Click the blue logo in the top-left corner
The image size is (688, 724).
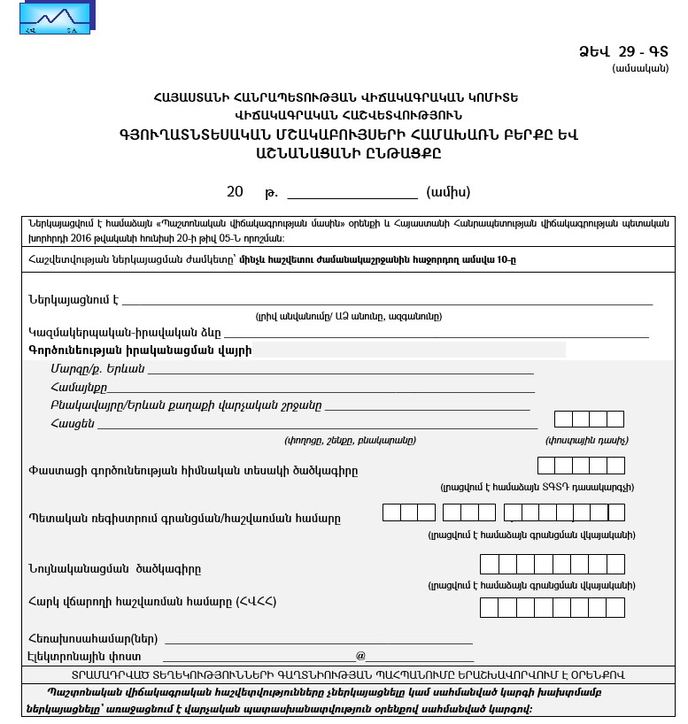click(58, 18)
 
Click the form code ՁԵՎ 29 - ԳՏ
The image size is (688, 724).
click(623, 52)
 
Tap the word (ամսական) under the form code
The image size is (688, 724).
click(639, 69)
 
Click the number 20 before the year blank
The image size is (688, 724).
click(235, 192)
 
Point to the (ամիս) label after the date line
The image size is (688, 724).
click(448, 192)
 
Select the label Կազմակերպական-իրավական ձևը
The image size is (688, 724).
click(125, 333)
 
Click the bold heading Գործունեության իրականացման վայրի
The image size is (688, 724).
click(140, 350)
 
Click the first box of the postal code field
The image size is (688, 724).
click(563, 420)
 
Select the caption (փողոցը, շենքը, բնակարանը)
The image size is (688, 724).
click(350, 440)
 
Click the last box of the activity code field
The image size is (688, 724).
click(615, 466)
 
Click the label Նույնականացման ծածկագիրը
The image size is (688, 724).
click(120, 568)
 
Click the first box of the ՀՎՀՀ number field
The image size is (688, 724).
click(489, 607)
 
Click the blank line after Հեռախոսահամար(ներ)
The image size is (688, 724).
click(318, 638)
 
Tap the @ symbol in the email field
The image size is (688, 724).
click(360, 656)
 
